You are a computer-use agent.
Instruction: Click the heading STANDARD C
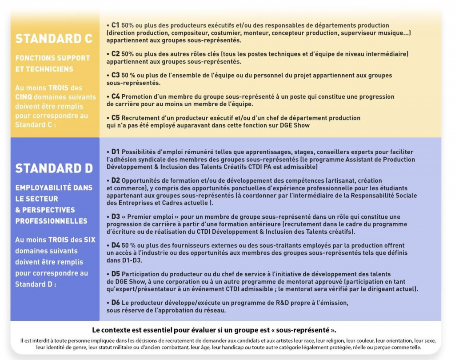pyautogui.click(x=54, y=39)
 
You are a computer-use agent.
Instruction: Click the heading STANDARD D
pyautogui.click(x=54, y=168)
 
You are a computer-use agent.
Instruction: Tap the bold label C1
pyautogui.click(x=115, y=25)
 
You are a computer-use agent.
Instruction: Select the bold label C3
pyautogui.click(x=115, y=75)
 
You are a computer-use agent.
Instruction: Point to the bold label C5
pyautogui.click(x=116, y=118)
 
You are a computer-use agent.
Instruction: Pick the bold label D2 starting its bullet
pyautogui.click(x=116, y=180)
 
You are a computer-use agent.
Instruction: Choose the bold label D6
pyautogui.click(x=116, y=303)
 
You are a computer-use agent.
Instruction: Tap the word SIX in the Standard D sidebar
pyautogui.click(x=90, y=240)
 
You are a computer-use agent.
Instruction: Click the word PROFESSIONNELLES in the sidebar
pyautogui.click(x=51, y=221)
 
